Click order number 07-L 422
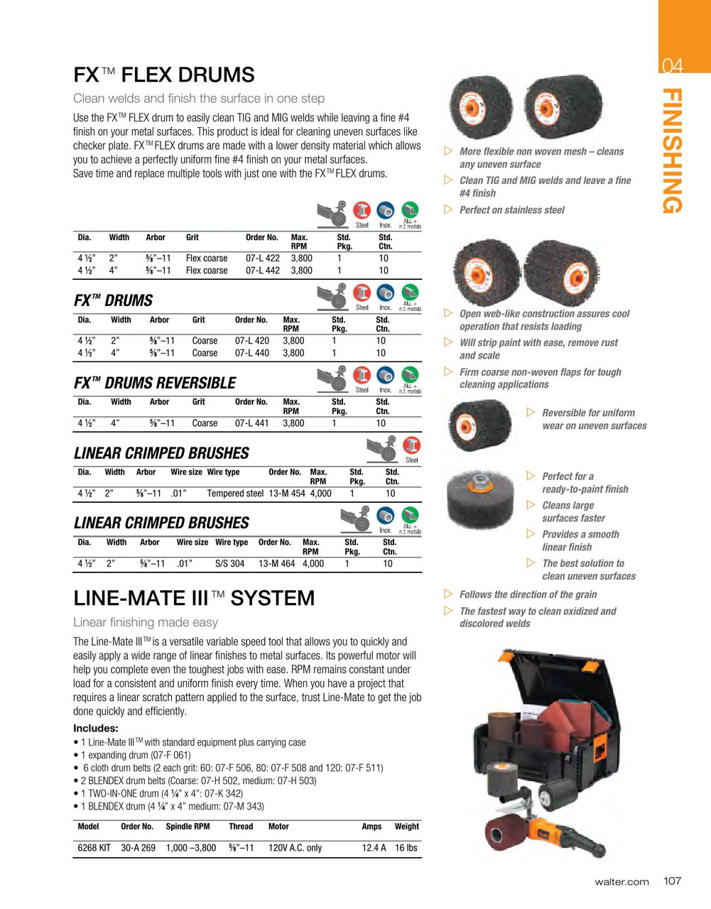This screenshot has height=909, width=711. pos(262,258)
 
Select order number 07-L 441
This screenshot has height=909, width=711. pos(251,423)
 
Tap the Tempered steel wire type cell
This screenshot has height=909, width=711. pos(235,493)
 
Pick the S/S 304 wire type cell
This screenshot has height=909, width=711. pos(229,563)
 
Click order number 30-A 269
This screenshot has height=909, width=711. pos(138,847)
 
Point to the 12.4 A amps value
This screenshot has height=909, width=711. pos(374,847)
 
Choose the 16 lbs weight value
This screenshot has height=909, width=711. pos(406,847)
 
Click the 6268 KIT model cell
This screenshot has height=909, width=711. pos(94,847)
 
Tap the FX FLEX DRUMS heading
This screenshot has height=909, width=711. pos(164,75)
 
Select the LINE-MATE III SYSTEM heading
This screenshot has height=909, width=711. pos(194,598)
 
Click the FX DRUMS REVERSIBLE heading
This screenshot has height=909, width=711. pos(155,383)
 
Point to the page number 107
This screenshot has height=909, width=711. pos(672,881)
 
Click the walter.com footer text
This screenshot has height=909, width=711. pos(622,881)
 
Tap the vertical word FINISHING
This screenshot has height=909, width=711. pos(673,151)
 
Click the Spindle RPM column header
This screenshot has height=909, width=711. pos(188,826)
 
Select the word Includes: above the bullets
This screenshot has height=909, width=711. pos(96,728)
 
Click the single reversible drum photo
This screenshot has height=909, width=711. pos(479,425)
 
